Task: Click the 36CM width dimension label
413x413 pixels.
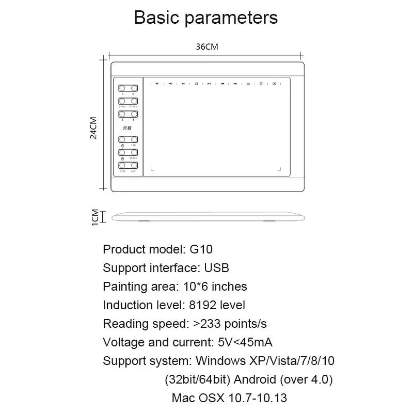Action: (x=207, y=46)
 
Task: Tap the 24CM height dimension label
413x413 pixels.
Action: (x=93, y=127)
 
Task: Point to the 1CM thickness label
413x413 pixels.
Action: (x=94, y=217)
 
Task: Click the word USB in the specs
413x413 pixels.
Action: (x=216, y=268)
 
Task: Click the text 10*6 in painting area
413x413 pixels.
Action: (x=196, y=287)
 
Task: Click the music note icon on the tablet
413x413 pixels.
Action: (x=196, y=83)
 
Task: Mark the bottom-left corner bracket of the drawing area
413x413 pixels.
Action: (x=152, y=168)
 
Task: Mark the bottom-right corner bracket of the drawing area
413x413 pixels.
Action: (x=279, y=168)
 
